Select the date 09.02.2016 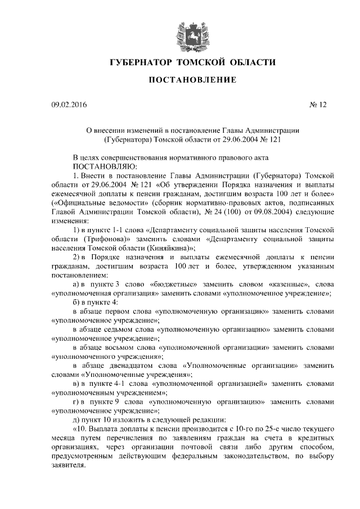(69, 104)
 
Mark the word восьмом (137, 347)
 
